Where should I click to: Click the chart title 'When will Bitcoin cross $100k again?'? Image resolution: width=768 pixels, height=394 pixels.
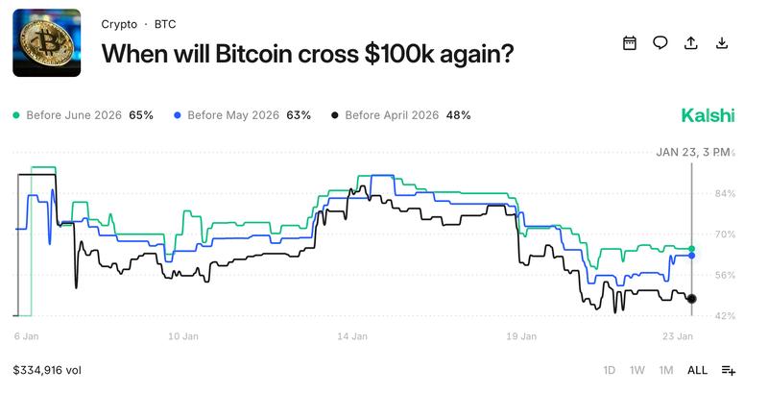tap(307, 54)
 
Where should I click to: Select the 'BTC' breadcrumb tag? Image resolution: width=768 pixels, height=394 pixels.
tap(165, 24)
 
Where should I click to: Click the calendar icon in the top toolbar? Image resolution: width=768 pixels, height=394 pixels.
tap(630, 42)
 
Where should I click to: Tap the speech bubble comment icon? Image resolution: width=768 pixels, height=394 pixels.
tap(660, 42)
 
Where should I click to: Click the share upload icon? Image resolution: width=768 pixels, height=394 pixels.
tap(690, 42)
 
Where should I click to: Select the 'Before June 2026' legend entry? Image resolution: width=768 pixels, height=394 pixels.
tap(83, 115)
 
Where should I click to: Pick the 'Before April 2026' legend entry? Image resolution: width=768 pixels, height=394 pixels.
tap(400, 115)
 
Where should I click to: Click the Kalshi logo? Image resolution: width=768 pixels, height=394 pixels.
tap(708, 115)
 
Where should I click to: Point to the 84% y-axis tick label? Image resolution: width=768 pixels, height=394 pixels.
tap(725, 194)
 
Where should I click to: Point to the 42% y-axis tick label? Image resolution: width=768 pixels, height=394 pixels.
tap(725, 315)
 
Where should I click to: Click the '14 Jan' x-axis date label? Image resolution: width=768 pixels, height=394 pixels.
tap(352, 336)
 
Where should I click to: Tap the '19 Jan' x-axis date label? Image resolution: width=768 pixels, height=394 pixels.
tap(522, 336)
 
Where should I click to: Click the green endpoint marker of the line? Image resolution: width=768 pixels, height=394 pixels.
tap(692, 250)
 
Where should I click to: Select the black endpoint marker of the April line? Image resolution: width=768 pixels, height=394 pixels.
tap(692, 299)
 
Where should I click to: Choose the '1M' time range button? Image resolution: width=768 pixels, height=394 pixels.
tap(666, 370)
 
